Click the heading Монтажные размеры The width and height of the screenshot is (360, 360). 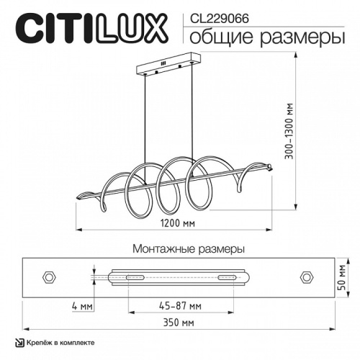pos(189,248)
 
